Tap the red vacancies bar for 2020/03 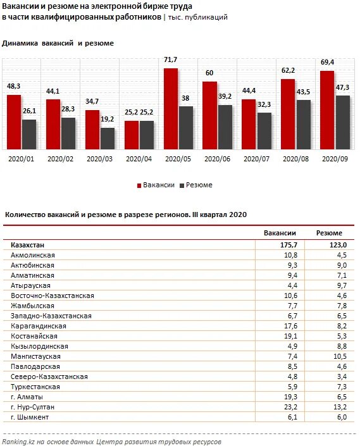point(92,130)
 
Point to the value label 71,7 point(170,59)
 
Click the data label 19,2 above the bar point(108,119)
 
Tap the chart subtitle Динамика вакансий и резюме point(58,44)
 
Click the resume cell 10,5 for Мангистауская point(333,356)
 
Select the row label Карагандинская point(39,326)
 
